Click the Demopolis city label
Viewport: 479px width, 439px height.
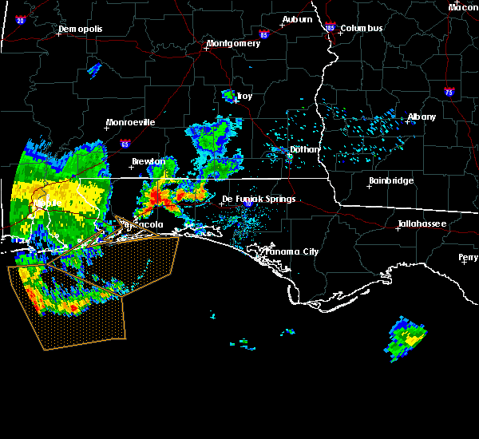(82, 30)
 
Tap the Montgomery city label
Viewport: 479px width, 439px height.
(233, 44)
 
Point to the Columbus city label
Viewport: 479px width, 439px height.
(362, 29)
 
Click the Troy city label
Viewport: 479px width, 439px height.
(244, 97)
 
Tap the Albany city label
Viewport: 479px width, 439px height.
(422, 117)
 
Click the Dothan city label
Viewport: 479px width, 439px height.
(305, 149)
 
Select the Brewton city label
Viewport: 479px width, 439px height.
(148, 161)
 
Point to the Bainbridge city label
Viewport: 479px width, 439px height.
(391, 181)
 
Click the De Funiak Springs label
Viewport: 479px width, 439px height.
(259, 199)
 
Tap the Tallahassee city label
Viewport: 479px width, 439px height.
(425, 224)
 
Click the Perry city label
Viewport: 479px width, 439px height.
(469, 257)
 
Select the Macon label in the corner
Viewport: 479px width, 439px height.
(463, 7)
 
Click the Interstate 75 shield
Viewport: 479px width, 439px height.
(450, 92)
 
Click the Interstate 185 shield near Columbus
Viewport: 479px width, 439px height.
(331, 28)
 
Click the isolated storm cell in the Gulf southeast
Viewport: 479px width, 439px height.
(407, 338)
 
